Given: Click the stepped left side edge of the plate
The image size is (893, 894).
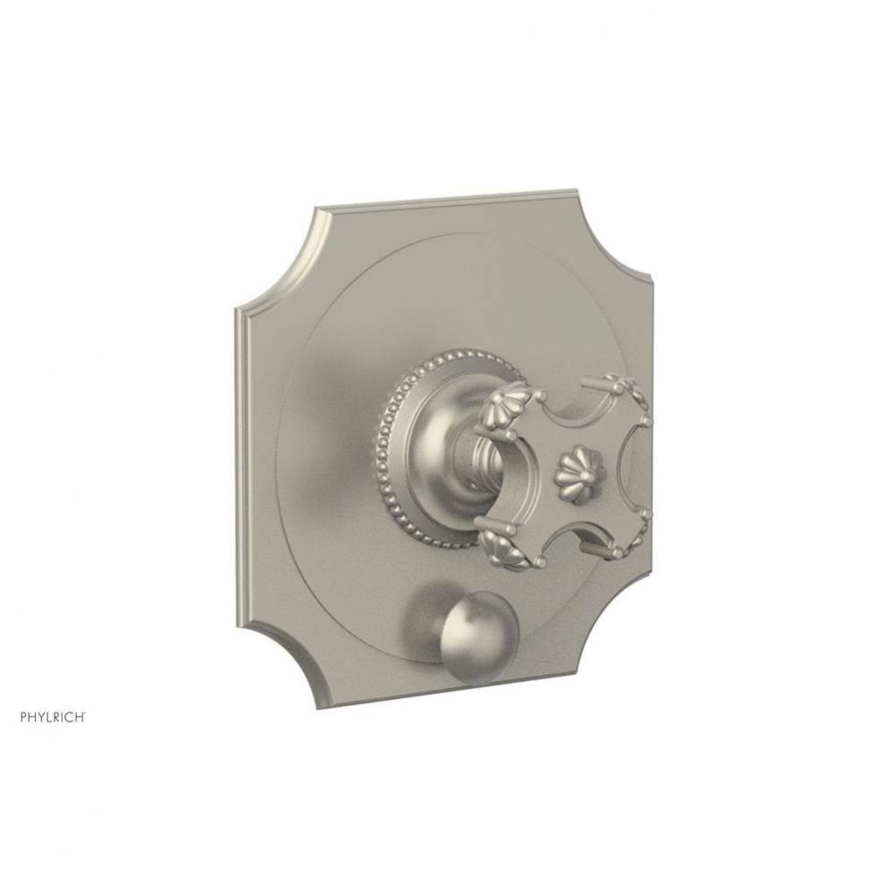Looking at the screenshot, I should click(241, 447).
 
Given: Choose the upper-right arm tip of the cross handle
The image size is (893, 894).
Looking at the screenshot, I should click(626, 392).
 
